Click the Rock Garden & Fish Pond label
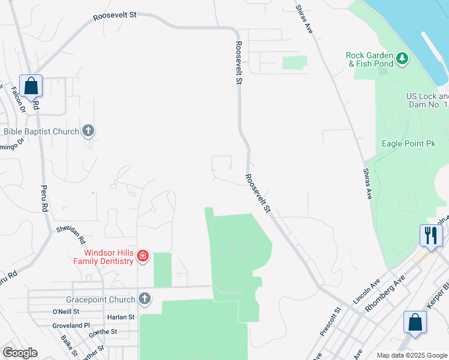click(369, 59)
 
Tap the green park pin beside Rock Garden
click(402, 59)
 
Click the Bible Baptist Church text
click(41, 131)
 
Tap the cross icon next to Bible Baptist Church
click(88, 130)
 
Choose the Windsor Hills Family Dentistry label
click(103, 257)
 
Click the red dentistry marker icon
click(143, 256)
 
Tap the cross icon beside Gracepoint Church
click(144, 298)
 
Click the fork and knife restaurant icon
click(430, 235)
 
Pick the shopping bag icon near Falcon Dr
click(31, 86)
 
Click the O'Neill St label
click(66, 311)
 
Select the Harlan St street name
click(121, 317)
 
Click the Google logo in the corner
click(20, 353)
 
